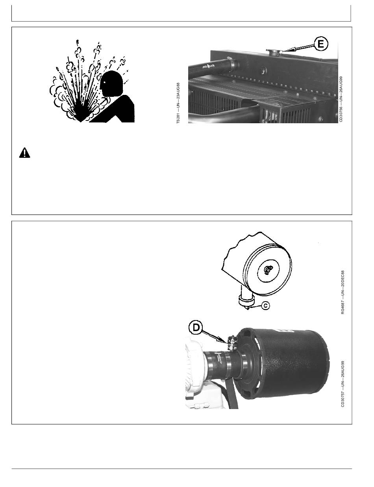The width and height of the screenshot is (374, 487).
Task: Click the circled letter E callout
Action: pyautogui.click(x=320, y=44)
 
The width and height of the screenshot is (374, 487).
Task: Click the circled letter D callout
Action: pyautogui.click(x=196, y=328)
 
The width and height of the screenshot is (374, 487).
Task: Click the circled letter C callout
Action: pyautogui.click(x=266, y=305)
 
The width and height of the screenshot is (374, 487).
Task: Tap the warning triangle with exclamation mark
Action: pyautogui.click(x=24, y=153)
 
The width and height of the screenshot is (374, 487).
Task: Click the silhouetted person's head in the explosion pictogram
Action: pyautogui.click(x=111, y=83)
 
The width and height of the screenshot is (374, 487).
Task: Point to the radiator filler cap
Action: pyautogui.click(x=273, y=52)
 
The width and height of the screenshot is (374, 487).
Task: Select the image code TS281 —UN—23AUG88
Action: pyautogui.click(x=178, y=103)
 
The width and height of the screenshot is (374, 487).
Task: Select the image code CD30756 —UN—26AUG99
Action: pyautogui.click(x=341, y=99)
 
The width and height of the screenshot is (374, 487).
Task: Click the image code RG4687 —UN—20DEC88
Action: pyautogui.click(x=343, y=292)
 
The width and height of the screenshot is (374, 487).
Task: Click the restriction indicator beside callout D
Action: pyautogui.click(x=232, y=343)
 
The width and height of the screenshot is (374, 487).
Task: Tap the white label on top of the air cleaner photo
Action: pyautogui.click(x=284, y=331)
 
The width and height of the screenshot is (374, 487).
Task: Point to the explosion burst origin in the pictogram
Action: pyautogui.click(x=81, y=121)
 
